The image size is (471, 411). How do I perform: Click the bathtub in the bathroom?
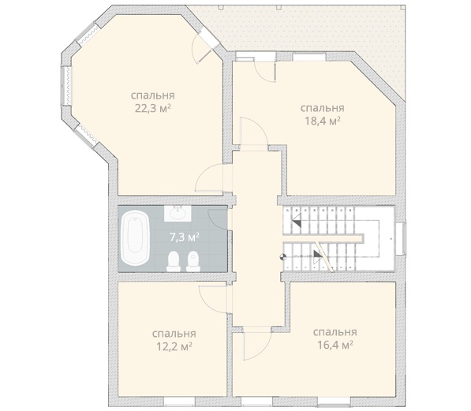pyautogui.click(x=135, y=238)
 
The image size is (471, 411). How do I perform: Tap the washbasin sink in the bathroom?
pyautogui.click(x=178, y=213)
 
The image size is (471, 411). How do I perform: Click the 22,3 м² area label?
pyautogui.click(x=153, y=108)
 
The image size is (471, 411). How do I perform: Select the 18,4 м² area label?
pyautogui.click(x=323, y=121)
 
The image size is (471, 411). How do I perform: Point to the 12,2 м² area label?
pyautogui.click(x=174, y=346)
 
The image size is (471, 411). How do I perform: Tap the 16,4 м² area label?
pyautogui.click(x=335, y=345)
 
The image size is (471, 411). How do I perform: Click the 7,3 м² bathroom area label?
pyautogui.click(x=185, y=237)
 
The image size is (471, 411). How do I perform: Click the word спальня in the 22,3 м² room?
pyautogui.click(x=153, y=95)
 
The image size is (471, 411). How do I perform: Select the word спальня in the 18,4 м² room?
pyautogui.click(x=323, y=108)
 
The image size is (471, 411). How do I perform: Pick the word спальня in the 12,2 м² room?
pyautogui.click(x=174, y=334)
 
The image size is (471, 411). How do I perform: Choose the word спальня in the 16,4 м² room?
pyautogui.click(x=335, y=332)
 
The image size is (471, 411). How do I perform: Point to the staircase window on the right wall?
pyautogui.click(x=401, y=239)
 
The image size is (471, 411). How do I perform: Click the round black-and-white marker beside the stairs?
pyautogui.click(x=282, y=256)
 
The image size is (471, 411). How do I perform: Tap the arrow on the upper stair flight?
pyautogui.click(x=297, y=220)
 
